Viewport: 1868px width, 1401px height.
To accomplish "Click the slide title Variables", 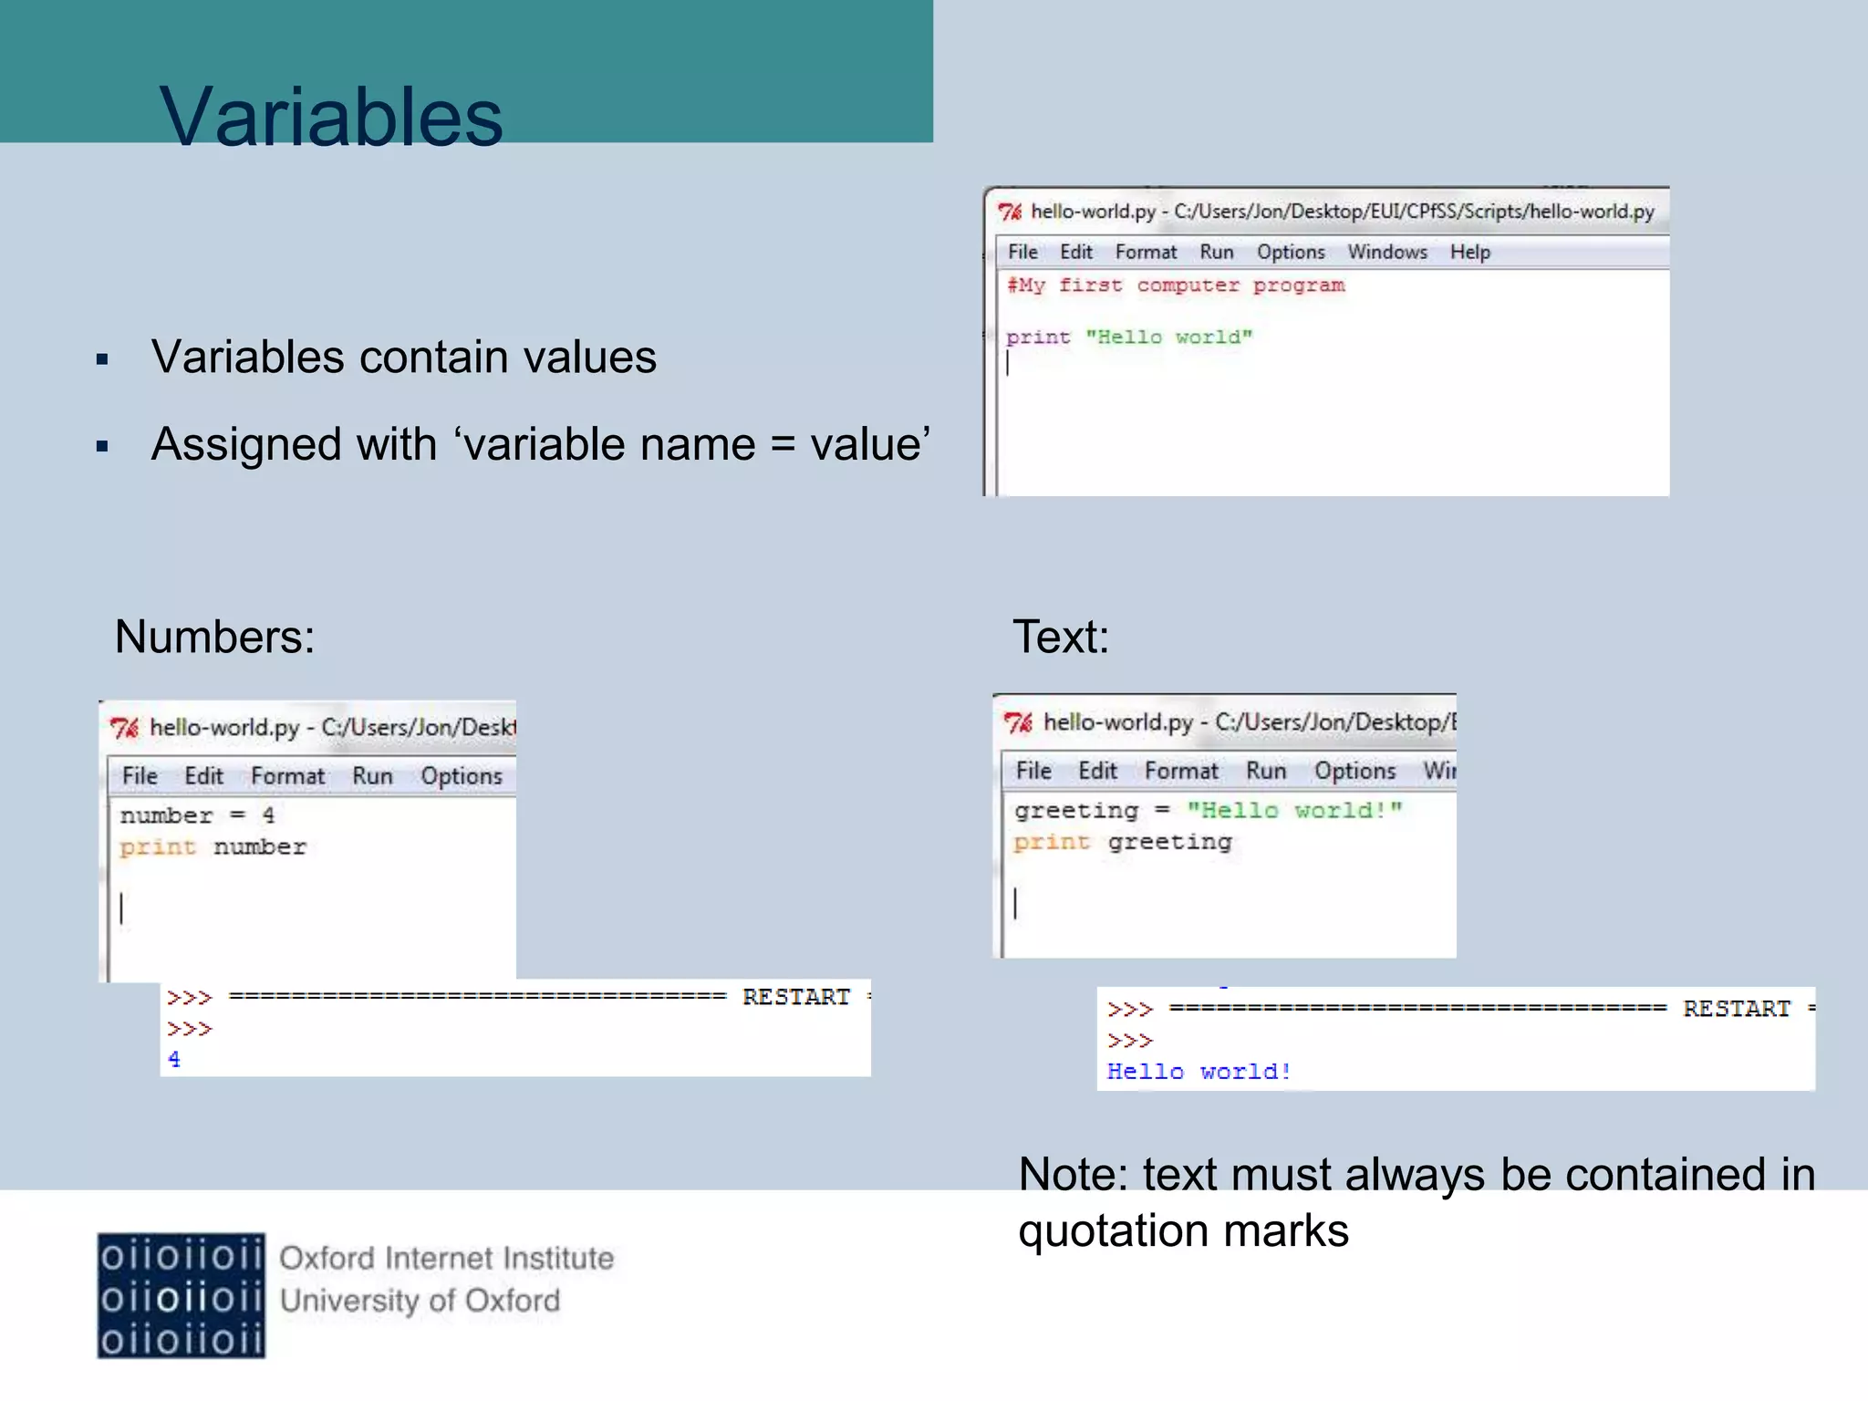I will (330, 117).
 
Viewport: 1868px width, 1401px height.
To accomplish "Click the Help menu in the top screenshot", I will (1469, 252).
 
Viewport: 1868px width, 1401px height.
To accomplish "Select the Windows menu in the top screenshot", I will (1386, 252).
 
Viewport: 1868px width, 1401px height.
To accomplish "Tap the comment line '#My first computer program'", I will (1175, 285).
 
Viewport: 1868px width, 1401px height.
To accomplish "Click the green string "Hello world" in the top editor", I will (1168, 337).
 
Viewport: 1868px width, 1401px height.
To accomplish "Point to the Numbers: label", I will (214, 637).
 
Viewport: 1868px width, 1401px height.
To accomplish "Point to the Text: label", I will (1060, 637).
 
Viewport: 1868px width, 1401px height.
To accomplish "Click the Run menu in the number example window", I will (372, 776).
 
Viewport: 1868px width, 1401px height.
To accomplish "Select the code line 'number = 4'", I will (197, 815).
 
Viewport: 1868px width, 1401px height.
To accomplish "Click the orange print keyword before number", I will (158, 847).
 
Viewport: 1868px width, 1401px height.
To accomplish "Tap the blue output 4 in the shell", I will (174, 1060).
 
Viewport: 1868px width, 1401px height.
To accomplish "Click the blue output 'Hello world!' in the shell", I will (1199, 1072).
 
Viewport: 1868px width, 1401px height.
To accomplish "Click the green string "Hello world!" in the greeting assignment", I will (1293, 810).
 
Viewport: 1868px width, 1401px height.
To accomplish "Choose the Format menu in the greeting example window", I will (1181, 772).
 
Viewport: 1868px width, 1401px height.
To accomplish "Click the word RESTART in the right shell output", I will (1736, 1009).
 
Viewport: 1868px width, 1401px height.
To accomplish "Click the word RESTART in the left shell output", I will (795, 997).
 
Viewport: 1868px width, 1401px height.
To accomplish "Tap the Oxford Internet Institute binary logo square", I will (182, 1295).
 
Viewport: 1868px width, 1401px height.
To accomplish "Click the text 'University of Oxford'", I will (420, 1301).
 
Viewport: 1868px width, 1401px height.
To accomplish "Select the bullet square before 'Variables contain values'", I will (102, 359).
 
